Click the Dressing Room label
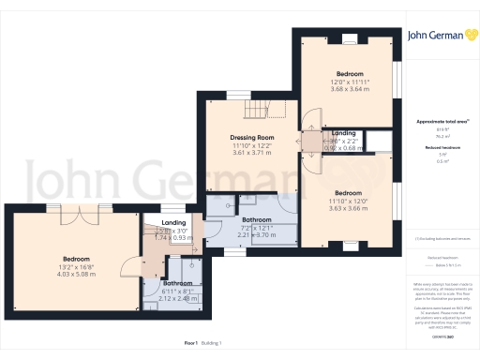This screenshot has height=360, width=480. click(252, 137)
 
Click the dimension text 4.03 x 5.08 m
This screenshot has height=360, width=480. click(76, 275)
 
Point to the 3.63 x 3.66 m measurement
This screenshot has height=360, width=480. click(344, 206)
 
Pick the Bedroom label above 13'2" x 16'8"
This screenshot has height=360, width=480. click(76, 259)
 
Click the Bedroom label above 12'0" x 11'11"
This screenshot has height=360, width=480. click(344, 73)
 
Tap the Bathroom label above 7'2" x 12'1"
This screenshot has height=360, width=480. click(256, 221)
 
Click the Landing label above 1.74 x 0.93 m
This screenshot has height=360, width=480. click(173, 221)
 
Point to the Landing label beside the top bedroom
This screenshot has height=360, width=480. click(336, 133)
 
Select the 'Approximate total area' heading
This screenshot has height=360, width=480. click(434, 122)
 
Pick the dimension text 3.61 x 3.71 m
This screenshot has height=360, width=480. click(252, 153)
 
